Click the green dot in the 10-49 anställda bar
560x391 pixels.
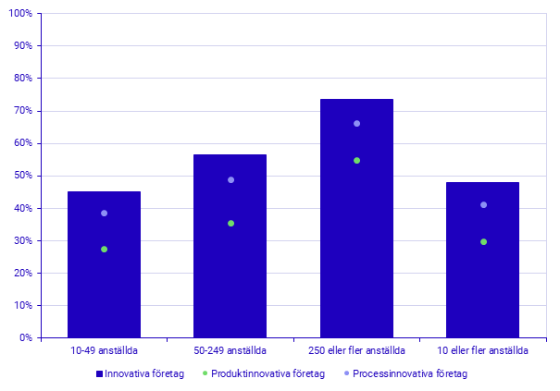[104, 250]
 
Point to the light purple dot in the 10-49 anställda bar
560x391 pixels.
[104, 214]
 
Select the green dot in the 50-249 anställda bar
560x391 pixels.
[230, 224]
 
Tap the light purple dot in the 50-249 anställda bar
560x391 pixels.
[230, 180]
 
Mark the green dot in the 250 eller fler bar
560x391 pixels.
[356, 161]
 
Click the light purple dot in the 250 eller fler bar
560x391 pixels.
[356, 124]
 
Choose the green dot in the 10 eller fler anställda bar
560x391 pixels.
[483, 242]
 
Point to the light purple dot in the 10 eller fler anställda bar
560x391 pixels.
[483, 205]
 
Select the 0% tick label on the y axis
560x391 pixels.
[26, 338]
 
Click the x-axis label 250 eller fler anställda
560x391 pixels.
[356, 351]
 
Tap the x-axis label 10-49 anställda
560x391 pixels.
[104, 351]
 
